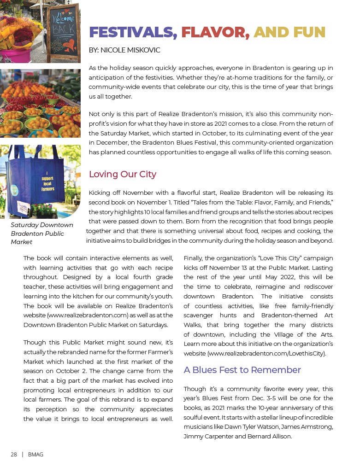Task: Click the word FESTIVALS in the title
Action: point(133,32)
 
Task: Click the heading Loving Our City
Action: point(122,174)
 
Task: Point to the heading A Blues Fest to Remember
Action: point(242,370)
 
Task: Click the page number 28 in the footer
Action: point(14,455)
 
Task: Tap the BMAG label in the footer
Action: point(35,455)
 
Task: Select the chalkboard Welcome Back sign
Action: point(63,32)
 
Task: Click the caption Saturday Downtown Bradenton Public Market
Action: point(42,233)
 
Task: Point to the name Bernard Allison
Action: point(271,436)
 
